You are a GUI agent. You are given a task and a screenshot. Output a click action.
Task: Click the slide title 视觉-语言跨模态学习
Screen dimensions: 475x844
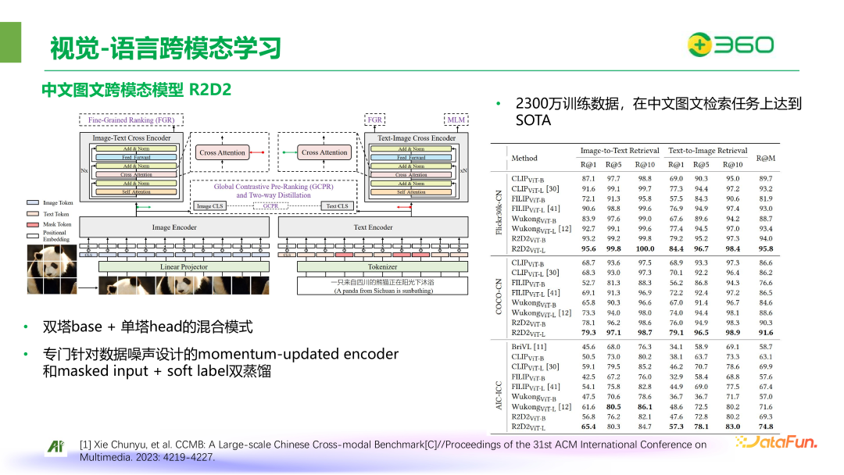[165, 48]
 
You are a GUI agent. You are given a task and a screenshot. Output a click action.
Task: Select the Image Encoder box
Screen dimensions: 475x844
[174, 227]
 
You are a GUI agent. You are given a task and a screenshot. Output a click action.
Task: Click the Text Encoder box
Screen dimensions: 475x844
[373, 227]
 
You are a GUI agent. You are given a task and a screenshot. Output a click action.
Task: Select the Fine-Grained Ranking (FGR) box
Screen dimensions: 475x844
[131, 120]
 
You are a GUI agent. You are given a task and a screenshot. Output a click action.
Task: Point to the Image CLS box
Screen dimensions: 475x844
[210, 206]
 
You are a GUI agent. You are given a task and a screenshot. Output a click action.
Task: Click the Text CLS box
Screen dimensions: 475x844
[337, 206]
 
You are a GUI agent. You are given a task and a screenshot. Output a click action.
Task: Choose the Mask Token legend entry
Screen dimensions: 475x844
[57, 224]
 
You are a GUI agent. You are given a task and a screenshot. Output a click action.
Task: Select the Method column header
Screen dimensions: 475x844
[524, 158]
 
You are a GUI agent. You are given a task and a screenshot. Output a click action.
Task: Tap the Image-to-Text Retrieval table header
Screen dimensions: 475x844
[620, 151]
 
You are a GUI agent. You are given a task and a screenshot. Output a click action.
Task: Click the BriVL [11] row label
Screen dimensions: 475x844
[529, 346]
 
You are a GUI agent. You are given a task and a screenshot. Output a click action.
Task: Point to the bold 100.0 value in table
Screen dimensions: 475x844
[645, 248]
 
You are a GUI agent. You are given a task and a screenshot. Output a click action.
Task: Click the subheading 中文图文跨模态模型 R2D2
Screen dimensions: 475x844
[137, 90]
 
